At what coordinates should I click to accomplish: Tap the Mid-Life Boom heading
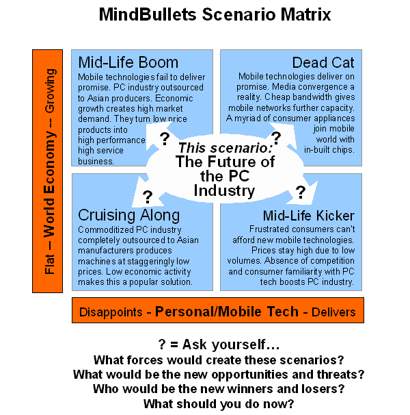pyautogui.click(x=128, y=62)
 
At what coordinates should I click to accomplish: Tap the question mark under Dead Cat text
pyautogui.click(x=277, y=138)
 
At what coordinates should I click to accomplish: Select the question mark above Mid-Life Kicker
pyautogui.click(x=300, y=191)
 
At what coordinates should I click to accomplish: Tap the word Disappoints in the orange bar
pyautogui.click(x=111, y=312)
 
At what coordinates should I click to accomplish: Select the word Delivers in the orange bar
pyautogui.click(x=333, y=312)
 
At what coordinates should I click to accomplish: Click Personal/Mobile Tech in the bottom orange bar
pyautogui.click(x=227, y=312)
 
